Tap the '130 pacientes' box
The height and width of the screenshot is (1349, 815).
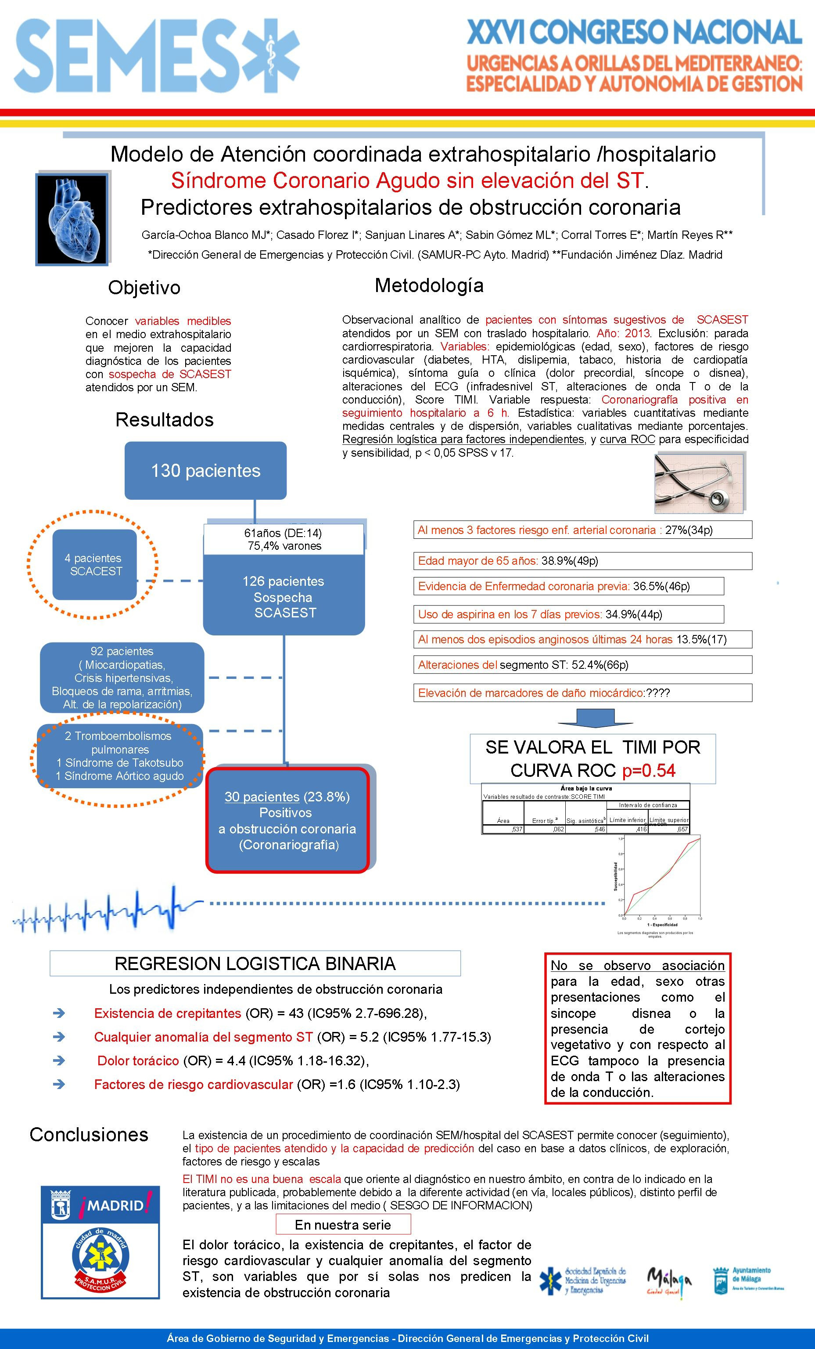tap(205, 471)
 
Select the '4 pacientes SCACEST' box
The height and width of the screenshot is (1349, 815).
tap(95, 564)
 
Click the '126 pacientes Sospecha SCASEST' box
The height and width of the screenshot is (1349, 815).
tap(284, 597)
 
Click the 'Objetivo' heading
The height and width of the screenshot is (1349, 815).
tap(144, 288)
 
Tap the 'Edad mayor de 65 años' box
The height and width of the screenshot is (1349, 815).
tap(582, 561)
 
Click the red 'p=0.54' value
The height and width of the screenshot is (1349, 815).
tap(649, 771)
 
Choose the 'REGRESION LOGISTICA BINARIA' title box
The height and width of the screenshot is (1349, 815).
tap(255, 963)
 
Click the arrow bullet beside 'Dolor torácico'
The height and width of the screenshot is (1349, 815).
tap(59, 1060)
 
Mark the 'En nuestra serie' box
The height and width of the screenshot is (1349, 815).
tap(343, 1225)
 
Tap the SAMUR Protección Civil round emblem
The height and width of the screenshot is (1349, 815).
tap(101, 1256)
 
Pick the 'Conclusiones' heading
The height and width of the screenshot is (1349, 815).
tap(89, 1135)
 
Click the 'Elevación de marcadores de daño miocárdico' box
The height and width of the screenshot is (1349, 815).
tap(582, 693)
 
